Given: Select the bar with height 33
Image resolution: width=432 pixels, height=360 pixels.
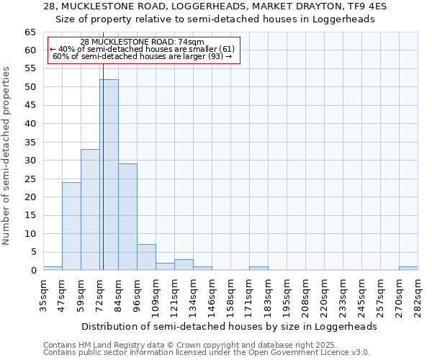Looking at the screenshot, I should click(x=90, y=210).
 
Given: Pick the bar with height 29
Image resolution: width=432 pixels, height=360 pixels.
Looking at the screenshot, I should click(x=127, y=217).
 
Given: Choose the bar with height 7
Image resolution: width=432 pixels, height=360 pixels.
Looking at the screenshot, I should click(x=146, y=258).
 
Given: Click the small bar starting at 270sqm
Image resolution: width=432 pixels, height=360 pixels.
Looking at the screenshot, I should click(x=408, y=269).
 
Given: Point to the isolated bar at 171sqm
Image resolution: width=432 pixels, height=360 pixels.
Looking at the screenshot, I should click(x=258, y=269).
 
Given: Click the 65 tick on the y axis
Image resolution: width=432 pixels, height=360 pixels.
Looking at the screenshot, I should click(x=30, y=32).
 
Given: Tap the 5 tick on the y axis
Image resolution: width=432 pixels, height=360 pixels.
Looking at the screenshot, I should click(x=32, y=252).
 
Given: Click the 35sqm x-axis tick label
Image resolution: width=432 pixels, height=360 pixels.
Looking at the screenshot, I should click(x=43, y=294).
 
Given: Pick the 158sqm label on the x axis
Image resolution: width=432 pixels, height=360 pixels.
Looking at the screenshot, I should click(x=230, y=294).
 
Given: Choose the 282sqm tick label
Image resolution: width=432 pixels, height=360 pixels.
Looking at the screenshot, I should click(x=418, y=294).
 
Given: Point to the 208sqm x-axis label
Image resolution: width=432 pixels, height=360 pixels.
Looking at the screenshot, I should click(x=305, y=294).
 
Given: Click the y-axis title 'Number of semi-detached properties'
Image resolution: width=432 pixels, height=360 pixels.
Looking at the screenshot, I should click(x=8, y=156).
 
